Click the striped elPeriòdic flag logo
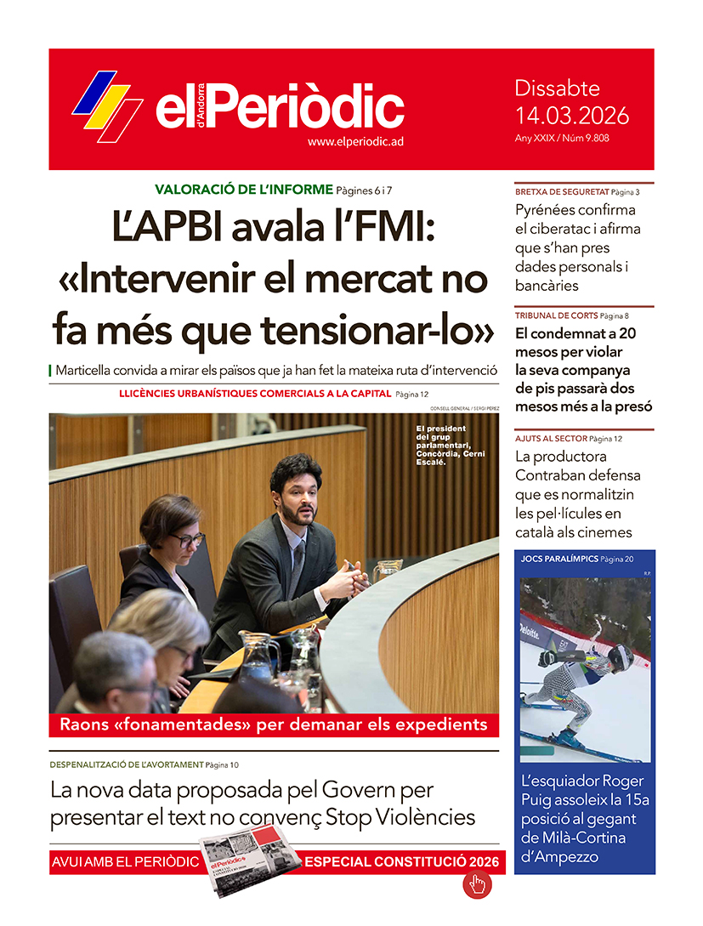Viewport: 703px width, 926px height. pos(107,105)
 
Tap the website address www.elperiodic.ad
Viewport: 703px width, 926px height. pos(354,142)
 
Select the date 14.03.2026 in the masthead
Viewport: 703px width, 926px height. pos(571,115)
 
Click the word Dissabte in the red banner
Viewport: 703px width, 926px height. pos(557,88)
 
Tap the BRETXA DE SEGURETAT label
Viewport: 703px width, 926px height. pos(562,192)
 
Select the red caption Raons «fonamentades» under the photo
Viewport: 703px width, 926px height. pos(273,724)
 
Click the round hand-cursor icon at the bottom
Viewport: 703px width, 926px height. pos(477,884)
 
